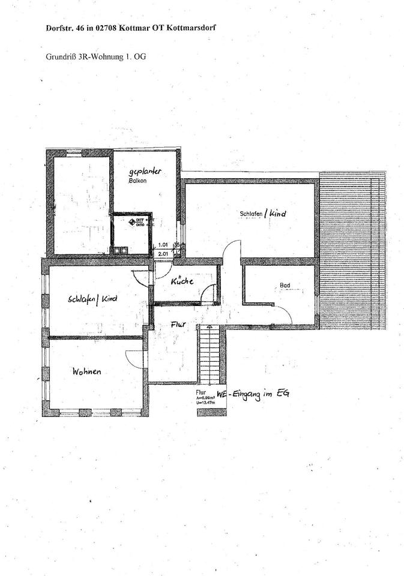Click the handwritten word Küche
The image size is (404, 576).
(182, 281)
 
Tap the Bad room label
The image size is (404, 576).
(285, 286)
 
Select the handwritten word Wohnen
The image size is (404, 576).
(86, 372)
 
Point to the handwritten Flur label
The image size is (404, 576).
(178, 324)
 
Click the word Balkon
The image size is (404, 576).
(137, 180)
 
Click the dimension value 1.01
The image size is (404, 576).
(163, 245)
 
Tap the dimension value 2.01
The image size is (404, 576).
(163, 254)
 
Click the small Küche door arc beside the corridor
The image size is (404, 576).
(209, 294)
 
